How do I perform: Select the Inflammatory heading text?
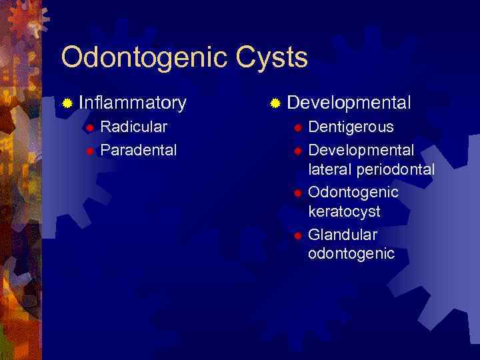[x=132, y=103]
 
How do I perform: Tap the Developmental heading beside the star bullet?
[x=349, y=103]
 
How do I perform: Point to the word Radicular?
[x=133, y=127]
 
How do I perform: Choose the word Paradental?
[x=138, y=150]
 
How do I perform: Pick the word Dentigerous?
[x=351, y=127]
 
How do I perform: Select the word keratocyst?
[x=344, y=212]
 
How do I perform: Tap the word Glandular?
[x=342, y=235]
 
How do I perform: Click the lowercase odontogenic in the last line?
[x=351, y=254]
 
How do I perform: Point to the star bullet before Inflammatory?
[x=67, y=103]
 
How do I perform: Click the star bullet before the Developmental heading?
[x=275, y=103]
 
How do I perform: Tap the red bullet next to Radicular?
[x=89, y=127]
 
